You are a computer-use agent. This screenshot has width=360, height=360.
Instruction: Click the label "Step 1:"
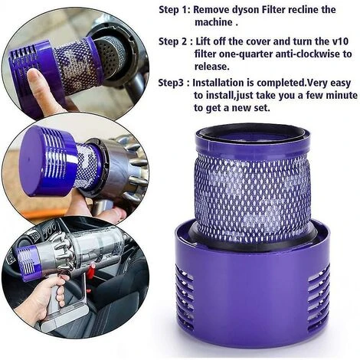174,10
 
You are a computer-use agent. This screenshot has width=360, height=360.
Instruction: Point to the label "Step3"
173,81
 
